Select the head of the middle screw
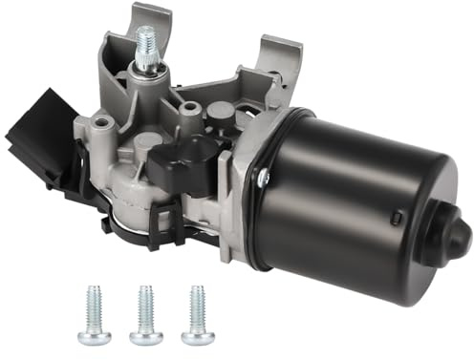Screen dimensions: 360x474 coord(146,337)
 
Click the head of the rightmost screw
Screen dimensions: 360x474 coord(198,336)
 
